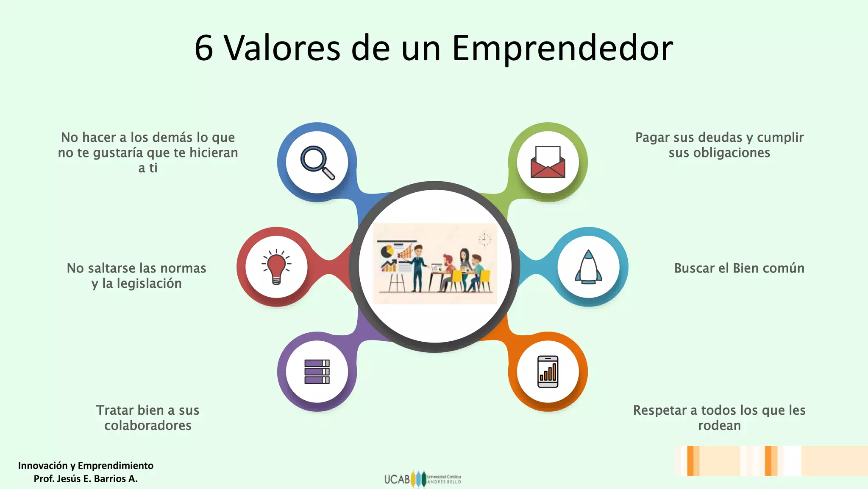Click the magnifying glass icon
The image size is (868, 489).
coord(317,163)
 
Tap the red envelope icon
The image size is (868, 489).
coord(548,163)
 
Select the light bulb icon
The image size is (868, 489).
coord(276,267)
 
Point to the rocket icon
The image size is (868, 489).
coord(588,267)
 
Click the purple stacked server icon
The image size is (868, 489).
coord(317,371)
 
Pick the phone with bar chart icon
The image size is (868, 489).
coord(548,371)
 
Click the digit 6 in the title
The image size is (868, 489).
coord(204,48)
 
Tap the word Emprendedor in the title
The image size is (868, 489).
coord(562,48)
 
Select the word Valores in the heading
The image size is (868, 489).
coord(282,48)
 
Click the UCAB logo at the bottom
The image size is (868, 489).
coord(422,479)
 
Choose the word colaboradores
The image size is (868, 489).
coord(148,425)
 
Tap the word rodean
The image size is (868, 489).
coord(719,425)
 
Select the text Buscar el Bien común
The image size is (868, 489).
coord(739,268)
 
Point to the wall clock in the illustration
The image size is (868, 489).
coord(484,239)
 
